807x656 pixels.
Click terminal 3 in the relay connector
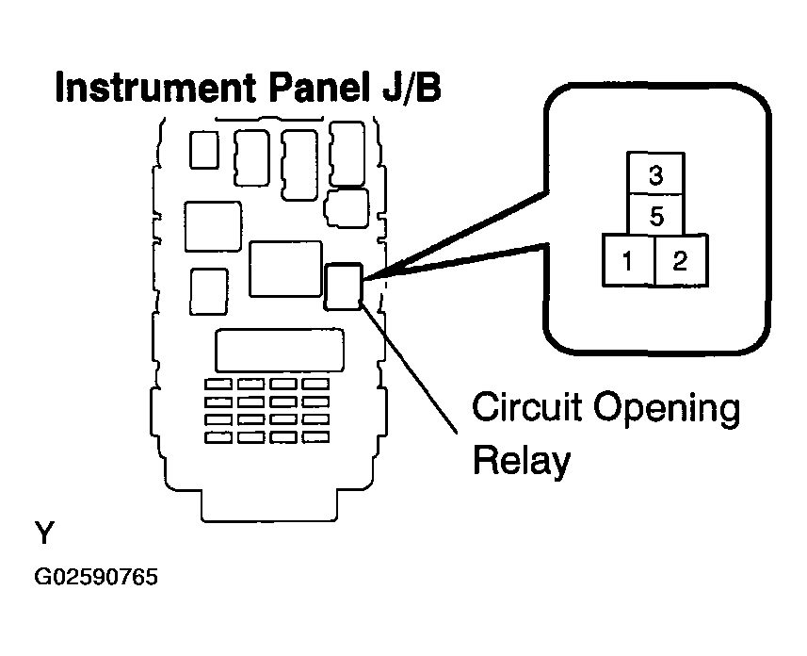655,173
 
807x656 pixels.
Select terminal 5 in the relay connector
655,215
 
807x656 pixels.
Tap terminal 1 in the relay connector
628,260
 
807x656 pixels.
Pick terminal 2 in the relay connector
681,260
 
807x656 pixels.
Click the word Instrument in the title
155,88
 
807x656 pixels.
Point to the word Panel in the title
317,88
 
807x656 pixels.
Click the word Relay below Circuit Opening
522,460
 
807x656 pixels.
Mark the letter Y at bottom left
44,533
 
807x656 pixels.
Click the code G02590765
96,577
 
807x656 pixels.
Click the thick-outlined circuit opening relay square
344,287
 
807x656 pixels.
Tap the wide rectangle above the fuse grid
280,350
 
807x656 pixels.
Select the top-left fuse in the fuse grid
218,385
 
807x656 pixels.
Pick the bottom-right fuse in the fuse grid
315,437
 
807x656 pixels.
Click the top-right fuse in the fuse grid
315,385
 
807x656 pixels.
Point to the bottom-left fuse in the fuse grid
218,437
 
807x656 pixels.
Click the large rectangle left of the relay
285,269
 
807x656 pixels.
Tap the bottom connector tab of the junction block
269,505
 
